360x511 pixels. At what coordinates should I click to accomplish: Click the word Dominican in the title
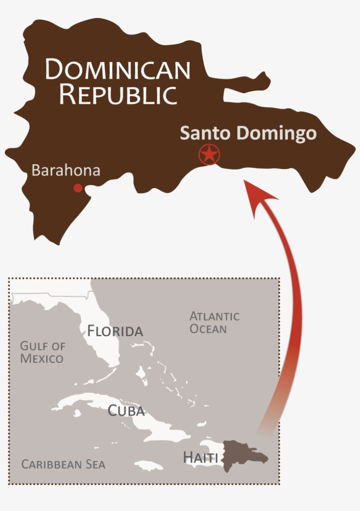(118, 69)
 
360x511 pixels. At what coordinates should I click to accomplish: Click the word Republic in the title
(118, 94)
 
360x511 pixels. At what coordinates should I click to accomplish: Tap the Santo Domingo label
(248, 133)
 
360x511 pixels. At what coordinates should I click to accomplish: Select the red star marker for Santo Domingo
(209, 154)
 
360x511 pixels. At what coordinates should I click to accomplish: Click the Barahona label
(66, 170)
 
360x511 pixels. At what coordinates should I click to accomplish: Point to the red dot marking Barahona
(78, 188)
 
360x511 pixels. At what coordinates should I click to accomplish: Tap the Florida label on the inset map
(115, 331)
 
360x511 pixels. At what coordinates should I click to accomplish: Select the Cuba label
(126, 411)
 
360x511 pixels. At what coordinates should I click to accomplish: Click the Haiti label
(200, 457)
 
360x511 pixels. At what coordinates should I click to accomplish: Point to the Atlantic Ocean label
(214, 322)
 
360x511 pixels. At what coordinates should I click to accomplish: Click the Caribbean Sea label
(63, 464)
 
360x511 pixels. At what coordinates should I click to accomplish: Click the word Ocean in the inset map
(208, 329)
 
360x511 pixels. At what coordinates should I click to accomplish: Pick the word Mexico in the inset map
(42, 358)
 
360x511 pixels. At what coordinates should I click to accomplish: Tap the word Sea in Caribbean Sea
(96, 464)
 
